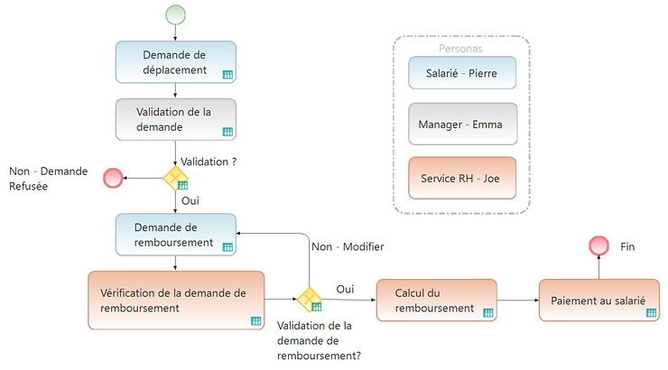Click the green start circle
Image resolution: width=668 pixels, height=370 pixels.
point(175,15)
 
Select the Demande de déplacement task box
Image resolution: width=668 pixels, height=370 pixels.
point(175,62)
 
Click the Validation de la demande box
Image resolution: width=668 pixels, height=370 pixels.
point(175,120)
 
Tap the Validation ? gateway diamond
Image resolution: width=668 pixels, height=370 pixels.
point(175,178)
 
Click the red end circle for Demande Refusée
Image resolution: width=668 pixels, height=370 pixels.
point(113,178)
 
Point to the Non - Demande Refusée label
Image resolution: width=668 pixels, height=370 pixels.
point(49,179)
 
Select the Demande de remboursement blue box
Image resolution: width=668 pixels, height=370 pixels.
point(175,235)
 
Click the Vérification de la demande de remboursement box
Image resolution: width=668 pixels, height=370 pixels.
point(175,300)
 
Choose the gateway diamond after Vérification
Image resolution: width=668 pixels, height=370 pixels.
point(310,300)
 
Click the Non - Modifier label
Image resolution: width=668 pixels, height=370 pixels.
point(348,246)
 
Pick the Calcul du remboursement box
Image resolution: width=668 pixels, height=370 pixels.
point(436,300)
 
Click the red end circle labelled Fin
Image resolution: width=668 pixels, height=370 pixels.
point(598,245)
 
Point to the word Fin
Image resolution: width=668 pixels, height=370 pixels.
point(629,245)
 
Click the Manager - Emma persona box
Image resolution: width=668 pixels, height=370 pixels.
point(462,125)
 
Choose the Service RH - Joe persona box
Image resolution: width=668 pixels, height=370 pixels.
point(462,178)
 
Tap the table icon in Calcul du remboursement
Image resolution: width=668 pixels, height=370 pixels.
point(487,312)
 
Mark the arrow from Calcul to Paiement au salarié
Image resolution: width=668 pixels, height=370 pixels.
point(517,300)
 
